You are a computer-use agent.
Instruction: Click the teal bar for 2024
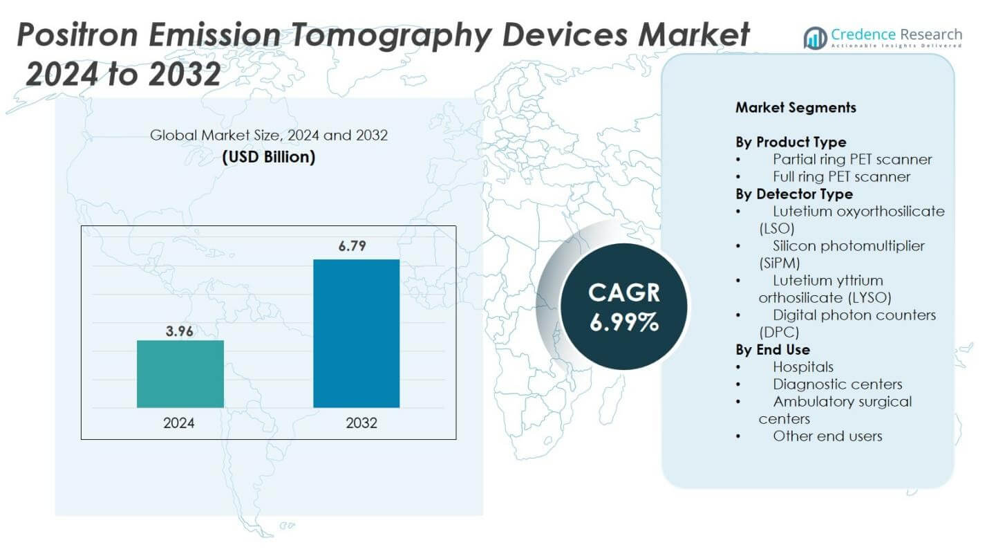[x=180, y=373]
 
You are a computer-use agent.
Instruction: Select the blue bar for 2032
[x=356, y=333]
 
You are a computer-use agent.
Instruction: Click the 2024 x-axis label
[x=179, y=423]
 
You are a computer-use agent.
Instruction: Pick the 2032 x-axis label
[x=361, y=423]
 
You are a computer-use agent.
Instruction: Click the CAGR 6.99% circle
[x=623, y=306]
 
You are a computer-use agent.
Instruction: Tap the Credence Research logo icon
[x=815, y=37]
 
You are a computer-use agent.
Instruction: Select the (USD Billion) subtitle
[x=268, y=157]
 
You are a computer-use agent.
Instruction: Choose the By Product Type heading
[x=791, y=142]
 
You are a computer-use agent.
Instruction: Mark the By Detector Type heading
[x=794, y=194]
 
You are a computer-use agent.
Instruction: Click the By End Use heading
[x=773, y=349]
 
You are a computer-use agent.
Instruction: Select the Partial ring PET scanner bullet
[x=852, y=159]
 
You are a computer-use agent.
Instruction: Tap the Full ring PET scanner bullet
[x=841, y=176]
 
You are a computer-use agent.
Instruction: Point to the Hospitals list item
[x=802, y=367]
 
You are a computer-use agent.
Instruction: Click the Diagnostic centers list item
[x=837, y=384]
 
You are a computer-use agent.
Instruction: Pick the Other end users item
[x=827, y=436]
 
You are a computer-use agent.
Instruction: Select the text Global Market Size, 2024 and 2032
[x=268, y=136]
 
